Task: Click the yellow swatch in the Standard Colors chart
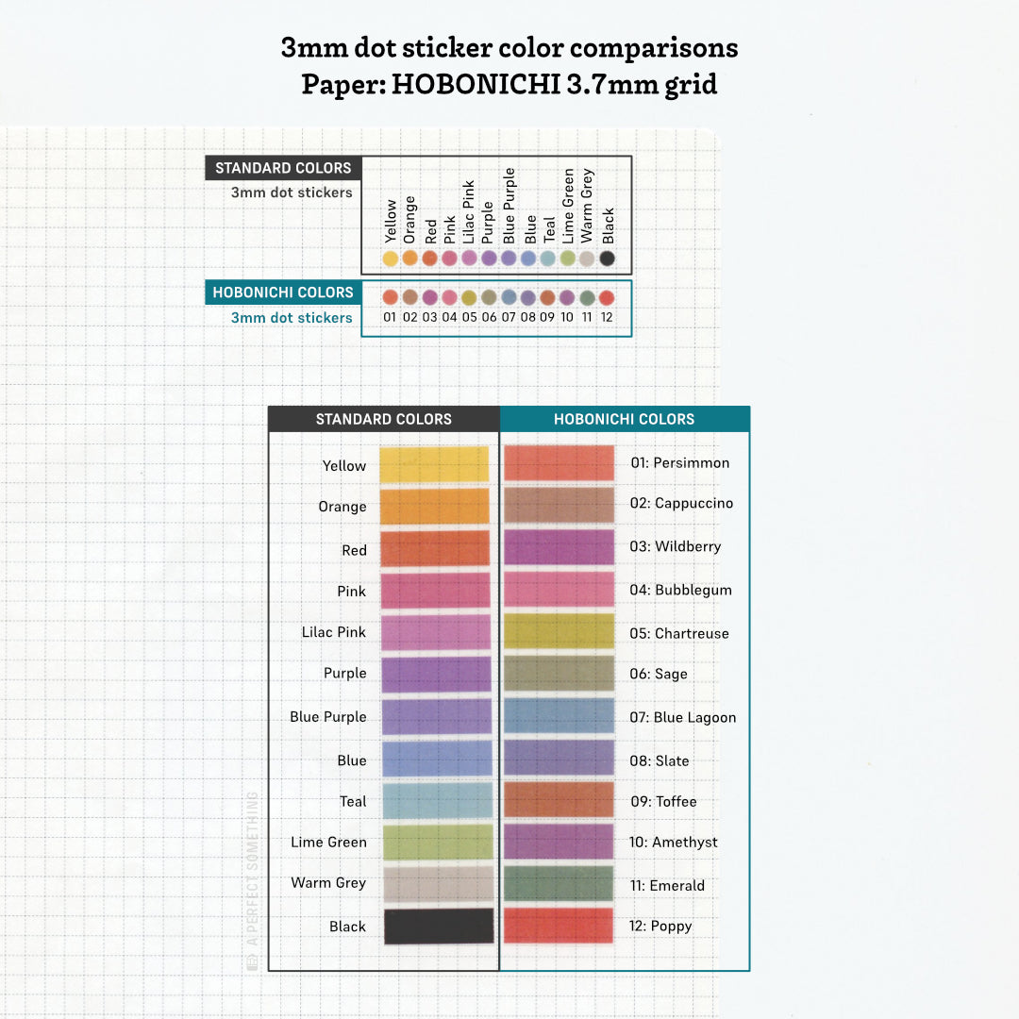(434, 465)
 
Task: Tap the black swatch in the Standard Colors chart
(439, 926)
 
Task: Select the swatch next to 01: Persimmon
(559, 462)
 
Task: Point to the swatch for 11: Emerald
(559, 884)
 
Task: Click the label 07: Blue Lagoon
(682, 717)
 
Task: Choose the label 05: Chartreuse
(679, 633)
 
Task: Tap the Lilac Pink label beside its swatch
(334, 632)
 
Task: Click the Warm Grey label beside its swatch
(328, 883)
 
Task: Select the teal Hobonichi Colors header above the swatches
(624, 419)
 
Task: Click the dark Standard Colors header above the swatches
(383, 419)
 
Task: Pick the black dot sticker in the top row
(608, 258)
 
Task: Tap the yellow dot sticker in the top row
(390, 258)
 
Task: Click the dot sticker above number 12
(607, 297)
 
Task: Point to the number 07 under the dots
(509, 317)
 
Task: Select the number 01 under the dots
(390, 317)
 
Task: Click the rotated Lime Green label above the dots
(568, 206)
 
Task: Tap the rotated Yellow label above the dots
(390, 221)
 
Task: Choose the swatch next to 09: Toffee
(559, 800)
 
